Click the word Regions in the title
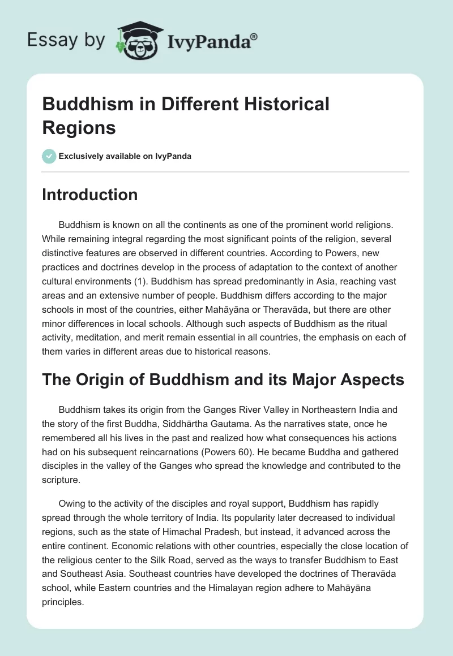click(x=79, y=128)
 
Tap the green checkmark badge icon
click(x=49, y=156)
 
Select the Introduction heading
click(x=90, y=195)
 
